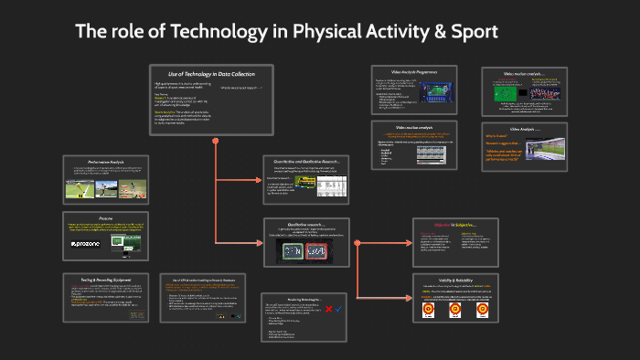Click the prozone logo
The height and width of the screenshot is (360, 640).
point(85,246)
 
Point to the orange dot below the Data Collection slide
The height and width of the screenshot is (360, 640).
point(215,142)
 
